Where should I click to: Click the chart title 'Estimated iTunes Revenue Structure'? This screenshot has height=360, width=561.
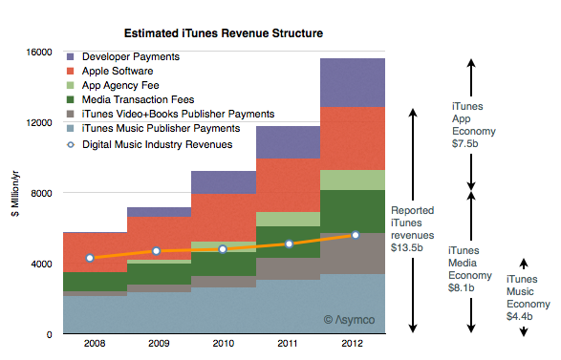tap(224, 33)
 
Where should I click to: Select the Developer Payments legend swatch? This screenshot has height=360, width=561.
tap(71, 57)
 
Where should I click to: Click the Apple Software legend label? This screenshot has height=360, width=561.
tap(118, 72)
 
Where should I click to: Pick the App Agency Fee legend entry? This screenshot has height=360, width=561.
tap(113, 85)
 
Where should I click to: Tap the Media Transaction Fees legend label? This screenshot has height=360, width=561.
tap(139, 99)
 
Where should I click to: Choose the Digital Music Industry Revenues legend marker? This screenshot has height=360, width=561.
tap(71, 145)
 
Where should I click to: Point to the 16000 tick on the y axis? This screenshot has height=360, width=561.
tap(38, 53)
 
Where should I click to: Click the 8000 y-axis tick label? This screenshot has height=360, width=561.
tap(41, 194)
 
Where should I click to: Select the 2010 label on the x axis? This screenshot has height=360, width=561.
tap(224, 344)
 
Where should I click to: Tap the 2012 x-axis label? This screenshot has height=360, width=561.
tap(352, 344)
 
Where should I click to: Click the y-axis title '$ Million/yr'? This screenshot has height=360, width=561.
tap(15, 194)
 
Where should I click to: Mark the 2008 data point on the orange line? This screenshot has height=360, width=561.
tap(90, 258)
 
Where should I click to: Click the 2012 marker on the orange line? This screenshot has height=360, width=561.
tap(356, 235)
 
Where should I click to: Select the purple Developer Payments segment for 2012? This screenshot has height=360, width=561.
tap(353, 83)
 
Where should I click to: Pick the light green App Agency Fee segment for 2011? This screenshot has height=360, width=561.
tap(289, 219)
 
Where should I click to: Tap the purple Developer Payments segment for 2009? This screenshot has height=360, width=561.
tap(160, 212)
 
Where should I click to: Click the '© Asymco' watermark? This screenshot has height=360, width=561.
tap(349, 320)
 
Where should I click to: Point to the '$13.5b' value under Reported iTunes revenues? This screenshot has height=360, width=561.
tap(407, 247)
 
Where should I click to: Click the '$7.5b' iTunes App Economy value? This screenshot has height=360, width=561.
tap(465, 144)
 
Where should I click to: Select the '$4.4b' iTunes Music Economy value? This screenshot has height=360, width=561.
tap(520, 317)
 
